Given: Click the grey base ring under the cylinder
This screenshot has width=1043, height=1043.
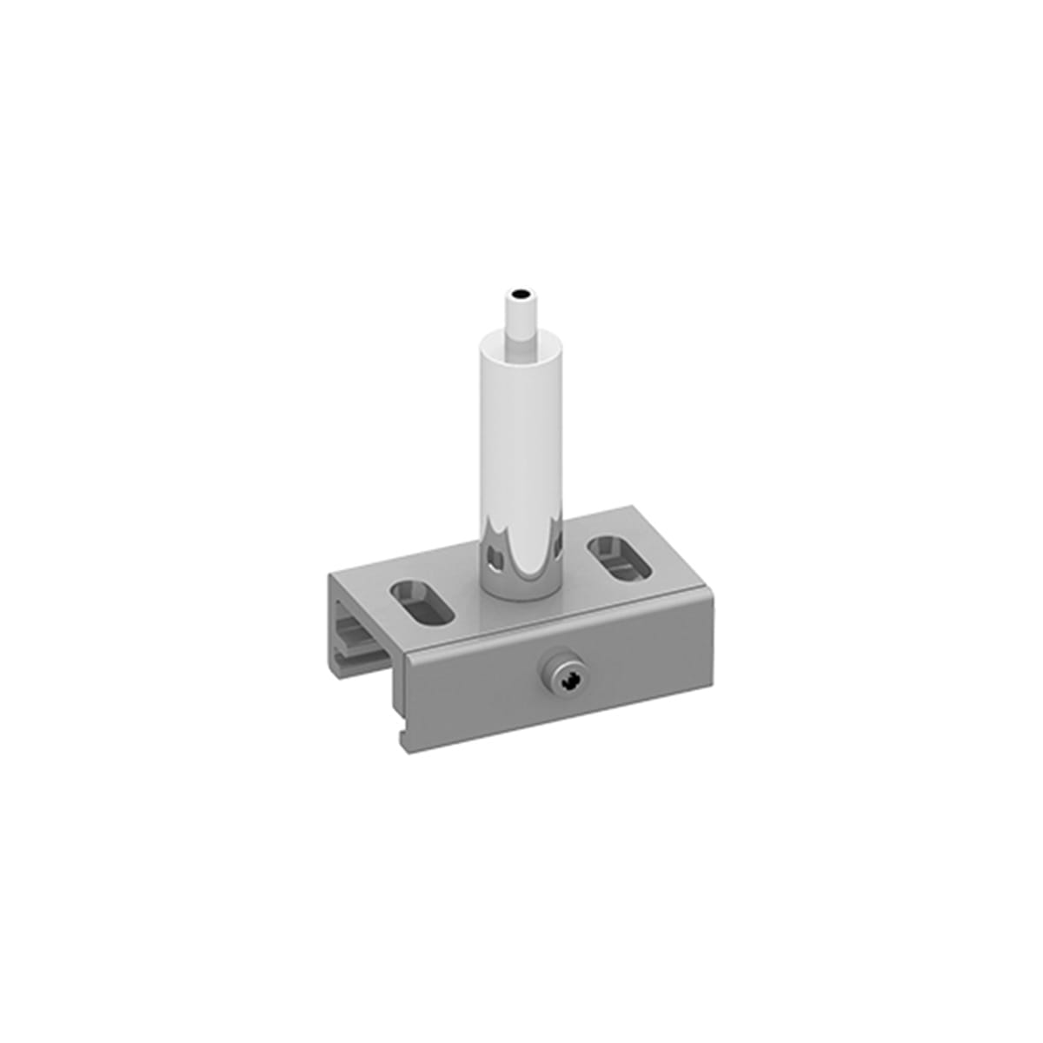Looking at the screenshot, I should point(519,591).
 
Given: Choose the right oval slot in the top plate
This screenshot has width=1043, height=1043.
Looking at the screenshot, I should point(620,558).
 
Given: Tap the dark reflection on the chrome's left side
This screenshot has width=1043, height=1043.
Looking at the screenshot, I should point(494,553).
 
